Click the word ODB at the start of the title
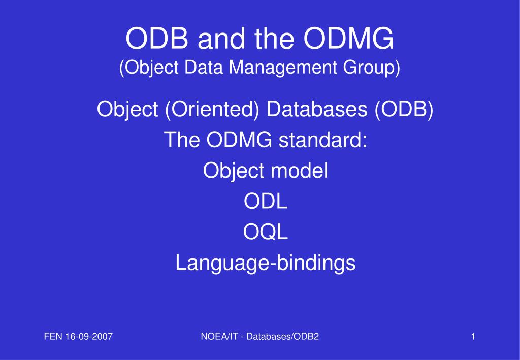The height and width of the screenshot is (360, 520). pos(156,38)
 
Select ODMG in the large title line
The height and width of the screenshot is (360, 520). pos(348,38)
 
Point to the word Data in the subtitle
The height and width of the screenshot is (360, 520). pos(203,67)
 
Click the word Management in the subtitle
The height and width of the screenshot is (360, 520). pos(283,68)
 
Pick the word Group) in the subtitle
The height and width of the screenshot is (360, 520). pos(371,68)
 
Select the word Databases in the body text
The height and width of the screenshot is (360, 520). pos(317,109)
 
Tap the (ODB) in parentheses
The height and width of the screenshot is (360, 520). pos(404,109)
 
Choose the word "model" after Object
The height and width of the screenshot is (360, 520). pos(299,171)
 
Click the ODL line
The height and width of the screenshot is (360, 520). pos(265,201)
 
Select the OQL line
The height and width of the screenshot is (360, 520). pos(265,232)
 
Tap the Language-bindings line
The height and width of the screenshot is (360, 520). pos(265,263)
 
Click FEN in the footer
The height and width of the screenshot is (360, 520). pos(53,337)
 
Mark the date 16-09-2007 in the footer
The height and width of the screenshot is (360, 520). pos(89,337)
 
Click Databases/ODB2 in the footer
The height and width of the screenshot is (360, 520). pos(282,337)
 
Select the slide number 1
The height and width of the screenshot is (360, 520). pos(473,337)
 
